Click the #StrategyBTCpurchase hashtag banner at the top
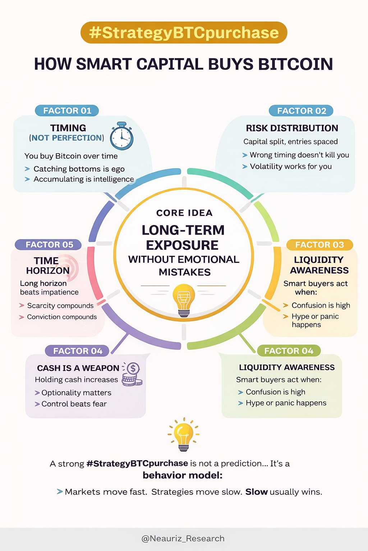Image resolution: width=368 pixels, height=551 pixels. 184,33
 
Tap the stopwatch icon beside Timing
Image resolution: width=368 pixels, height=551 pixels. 121,136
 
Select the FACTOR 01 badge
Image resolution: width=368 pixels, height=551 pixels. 67,110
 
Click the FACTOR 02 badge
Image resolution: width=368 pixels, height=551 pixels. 301,111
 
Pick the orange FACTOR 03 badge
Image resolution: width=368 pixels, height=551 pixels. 319,245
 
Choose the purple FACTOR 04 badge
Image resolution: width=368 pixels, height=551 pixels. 78,351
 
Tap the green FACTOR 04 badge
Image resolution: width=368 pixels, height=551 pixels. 289,351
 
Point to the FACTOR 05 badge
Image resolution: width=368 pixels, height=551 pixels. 49,245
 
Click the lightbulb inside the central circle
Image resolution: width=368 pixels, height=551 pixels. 184,300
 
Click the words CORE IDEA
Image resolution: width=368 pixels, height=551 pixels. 184,213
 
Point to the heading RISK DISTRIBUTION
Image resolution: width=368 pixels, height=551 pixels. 292,128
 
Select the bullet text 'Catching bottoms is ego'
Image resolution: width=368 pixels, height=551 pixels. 79,169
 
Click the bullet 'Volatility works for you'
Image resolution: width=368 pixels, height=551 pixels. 291,166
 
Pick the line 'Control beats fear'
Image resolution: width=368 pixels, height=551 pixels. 74,404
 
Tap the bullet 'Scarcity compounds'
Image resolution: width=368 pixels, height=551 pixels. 60,306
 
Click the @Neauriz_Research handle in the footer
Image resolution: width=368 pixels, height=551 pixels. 183,538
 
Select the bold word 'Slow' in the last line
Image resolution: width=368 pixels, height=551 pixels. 256,492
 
